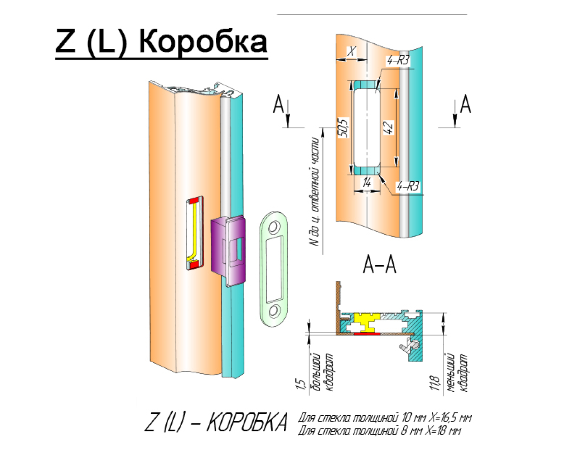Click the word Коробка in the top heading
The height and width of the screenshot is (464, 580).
pos(203,42)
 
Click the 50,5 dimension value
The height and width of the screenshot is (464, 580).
pos(343,127)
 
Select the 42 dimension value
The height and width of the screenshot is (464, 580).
pos(388,127)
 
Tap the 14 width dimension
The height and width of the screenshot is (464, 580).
pos(367,183)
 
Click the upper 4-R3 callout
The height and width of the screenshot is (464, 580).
pos(398,61)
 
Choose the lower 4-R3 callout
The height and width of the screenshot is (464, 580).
pos(408,187)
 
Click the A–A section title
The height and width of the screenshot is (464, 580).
pos(380,265)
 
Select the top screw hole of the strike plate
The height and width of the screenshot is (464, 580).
pos(274,227)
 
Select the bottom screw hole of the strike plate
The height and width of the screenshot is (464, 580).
pos(274,311)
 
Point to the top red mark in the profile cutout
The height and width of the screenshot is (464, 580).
pos(194,200)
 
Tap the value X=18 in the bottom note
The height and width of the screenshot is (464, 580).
pos(442,430)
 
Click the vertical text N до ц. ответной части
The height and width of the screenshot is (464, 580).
pos(316,191)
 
